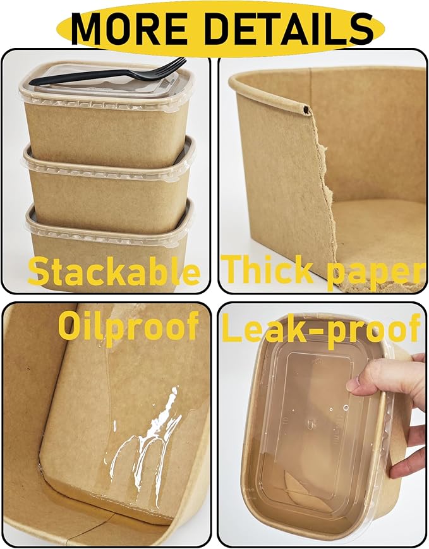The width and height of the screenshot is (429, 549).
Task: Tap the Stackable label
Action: [114, 272]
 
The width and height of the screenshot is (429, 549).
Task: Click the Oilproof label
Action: [128, 326]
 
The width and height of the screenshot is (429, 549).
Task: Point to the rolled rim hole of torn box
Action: [307, 110]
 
